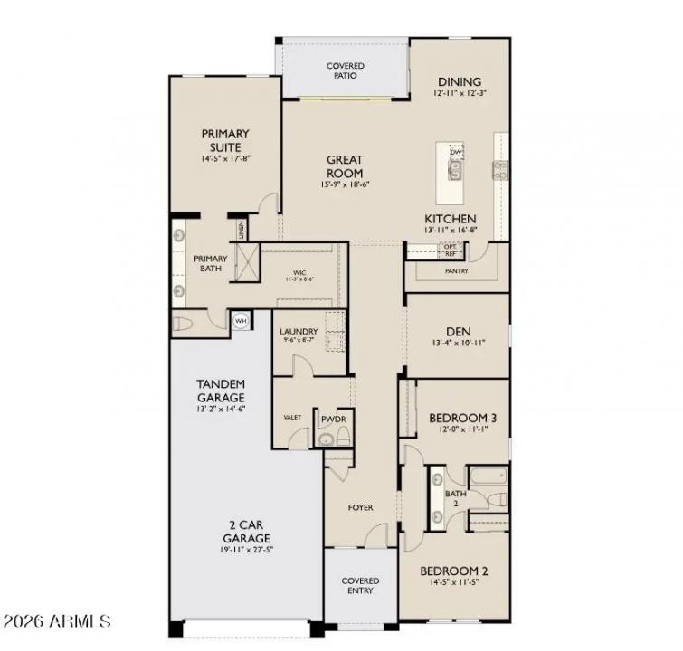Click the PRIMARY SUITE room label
coord(224,140)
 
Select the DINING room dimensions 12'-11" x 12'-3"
coord(459,93)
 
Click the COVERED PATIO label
coord(345,71)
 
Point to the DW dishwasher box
coord(457,152)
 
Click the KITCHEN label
coord(450,219)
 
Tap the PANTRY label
coord(456,270)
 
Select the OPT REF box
coord(450,249)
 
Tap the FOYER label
coord(360,507)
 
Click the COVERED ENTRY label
coord(359,586)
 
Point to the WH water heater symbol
coord(241,320)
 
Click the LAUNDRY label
coord(298,332)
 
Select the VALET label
coord(291,418)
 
